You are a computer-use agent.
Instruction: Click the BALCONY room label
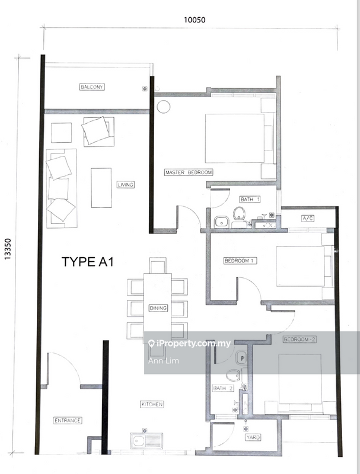pyautogui.click(x=92, y=88)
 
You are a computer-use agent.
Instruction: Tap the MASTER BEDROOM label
pyautogui.click(x=189, y=172)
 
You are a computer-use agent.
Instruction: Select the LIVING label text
pyautogui.click(x=125, y=185)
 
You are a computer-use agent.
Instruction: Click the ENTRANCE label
pyautogui.click(x=67, y=420)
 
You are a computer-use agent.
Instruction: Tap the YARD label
pyautogui.click(x=253, y=438)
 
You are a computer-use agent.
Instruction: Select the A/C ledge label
pyautogui.click(x=308, y=219)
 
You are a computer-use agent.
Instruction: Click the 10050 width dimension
pyautogui.click(x=194, y=20)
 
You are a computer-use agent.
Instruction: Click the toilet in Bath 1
pyautogui.click(x=240, y=213)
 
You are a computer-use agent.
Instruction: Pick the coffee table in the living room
pyautogui.click(x=101, y=187)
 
